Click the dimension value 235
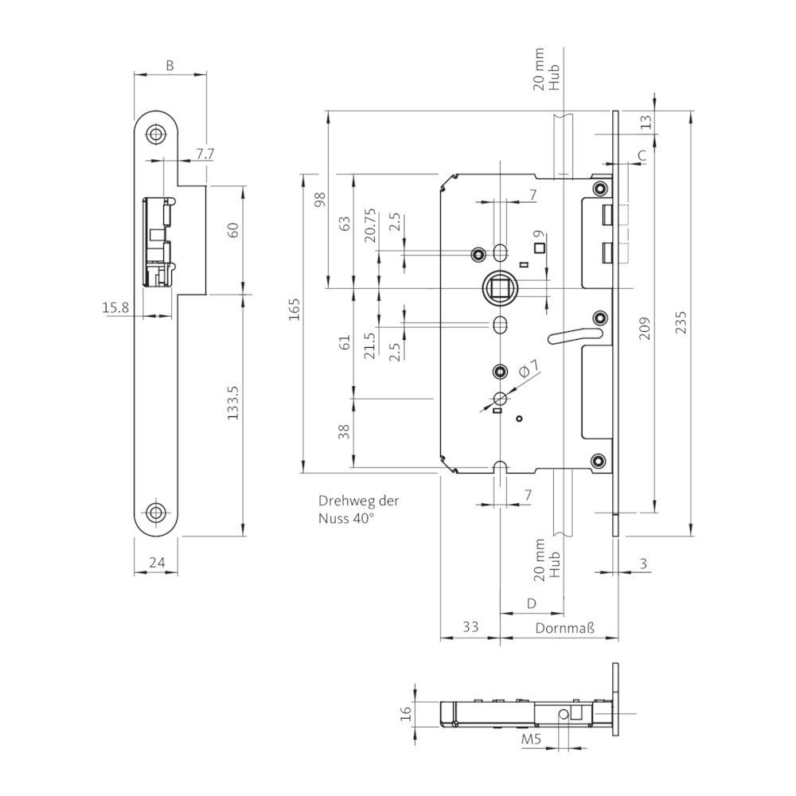(681, 322)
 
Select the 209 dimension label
(645, 329)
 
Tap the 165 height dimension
(295, 309)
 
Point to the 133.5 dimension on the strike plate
(232, 402)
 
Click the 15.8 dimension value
(115, 307)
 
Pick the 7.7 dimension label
(205, 154)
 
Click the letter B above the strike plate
(170, 65)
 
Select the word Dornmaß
(564, 628)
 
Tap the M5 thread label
(532, 739)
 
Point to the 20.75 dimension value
(370, 225)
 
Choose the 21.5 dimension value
(370, 345)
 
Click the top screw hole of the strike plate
(155, 134)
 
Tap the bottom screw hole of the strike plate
(155, 512)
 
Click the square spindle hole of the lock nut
(498, 288)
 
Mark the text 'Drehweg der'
(358, 501)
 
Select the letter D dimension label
(532, 603)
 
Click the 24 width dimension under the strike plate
(157, 563)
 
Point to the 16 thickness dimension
(406, 714)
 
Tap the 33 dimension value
(470, 626)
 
